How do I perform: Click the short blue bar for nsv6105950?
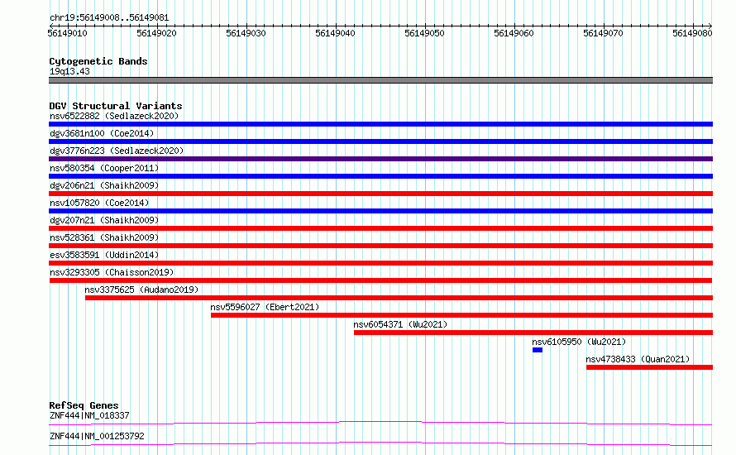coord(538,350)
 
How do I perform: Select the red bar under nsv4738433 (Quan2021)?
coord(650,367)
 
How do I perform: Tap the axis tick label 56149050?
coord(424,33)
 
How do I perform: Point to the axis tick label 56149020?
coord(157,33)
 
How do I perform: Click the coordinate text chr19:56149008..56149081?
coord(109,18)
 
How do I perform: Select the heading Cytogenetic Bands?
coord(98,61)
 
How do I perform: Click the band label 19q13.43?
coord(69,71)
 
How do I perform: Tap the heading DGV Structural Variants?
coord(116,106)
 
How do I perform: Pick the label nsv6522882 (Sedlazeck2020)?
coord(114,116)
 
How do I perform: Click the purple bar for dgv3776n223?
coord(380,159)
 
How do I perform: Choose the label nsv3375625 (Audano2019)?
coord(141,290)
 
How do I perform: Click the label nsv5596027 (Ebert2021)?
coord(265,307)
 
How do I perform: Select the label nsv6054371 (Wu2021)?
coord(400,324)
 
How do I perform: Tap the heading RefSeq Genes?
coord(84,405)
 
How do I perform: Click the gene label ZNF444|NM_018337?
coord(89,415)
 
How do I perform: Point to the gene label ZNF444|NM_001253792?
coord(97,436)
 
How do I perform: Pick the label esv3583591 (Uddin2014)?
coord(104,255)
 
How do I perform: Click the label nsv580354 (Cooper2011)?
coord(104,168)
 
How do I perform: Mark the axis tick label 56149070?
coord(603,33)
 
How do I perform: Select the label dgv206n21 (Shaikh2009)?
coord(104,185)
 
